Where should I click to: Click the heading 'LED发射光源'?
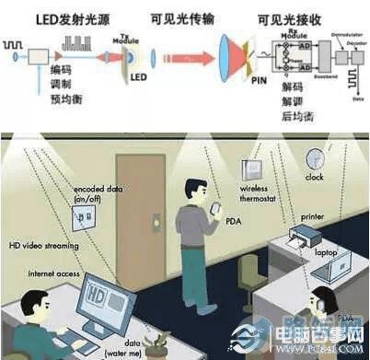pyautogui.click(x=59, y=17)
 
